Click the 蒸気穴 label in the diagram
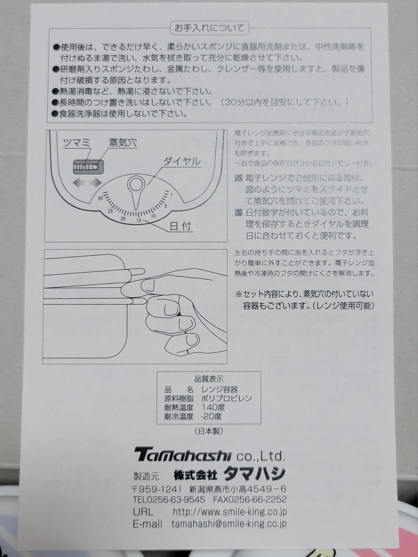pos(123,143)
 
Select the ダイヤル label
pos(182,162)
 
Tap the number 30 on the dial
pos(100,199)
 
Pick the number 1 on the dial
pos(172,194)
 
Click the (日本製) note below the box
pos(208,431)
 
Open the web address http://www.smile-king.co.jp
pos(229,512)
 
